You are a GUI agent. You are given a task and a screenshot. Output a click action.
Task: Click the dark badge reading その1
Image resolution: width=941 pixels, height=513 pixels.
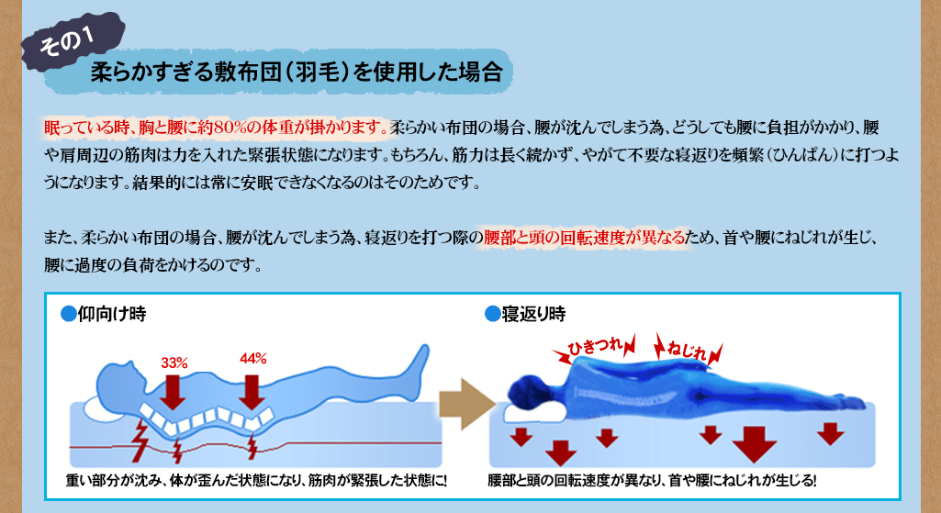point(73,42)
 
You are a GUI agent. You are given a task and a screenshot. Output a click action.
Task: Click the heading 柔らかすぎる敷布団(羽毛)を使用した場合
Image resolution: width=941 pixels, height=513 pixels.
point(297,72)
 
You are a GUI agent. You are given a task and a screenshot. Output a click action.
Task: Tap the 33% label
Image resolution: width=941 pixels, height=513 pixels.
point(174,363)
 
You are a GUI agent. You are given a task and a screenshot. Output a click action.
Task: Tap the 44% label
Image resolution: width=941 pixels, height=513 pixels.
point(252,359)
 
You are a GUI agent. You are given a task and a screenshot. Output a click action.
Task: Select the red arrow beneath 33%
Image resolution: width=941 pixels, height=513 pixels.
point(173,392)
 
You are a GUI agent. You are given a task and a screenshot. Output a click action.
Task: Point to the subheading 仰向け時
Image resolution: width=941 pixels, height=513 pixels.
point(112,314)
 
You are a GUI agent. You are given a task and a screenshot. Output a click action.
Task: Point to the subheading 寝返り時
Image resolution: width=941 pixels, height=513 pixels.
point(533,314)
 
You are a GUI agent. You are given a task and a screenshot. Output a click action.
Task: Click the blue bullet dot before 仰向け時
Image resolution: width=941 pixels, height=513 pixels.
point(69,314)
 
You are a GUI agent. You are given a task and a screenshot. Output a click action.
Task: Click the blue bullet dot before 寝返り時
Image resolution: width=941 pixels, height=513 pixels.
point(493,314)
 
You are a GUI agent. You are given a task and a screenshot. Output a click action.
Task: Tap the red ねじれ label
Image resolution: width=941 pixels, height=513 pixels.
point(688,350)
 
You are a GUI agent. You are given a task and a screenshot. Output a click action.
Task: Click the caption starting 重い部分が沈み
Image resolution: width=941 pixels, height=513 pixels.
point(256,481)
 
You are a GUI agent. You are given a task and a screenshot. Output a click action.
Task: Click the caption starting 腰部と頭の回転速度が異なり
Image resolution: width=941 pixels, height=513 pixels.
point(652,481)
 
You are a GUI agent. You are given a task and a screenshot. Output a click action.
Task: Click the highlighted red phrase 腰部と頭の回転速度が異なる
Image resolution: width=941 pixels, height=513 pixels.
point(584,238)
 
